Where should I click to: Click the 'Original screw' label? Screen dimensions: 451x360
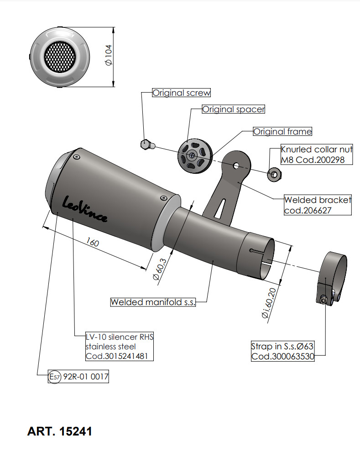[181, 93]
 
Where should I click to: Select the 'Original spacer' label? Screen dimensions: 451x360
[233, 109]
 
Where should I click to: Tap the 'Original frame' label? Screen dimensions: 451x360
[282, 132]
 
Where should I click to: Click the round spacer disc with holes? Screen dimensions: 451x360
[195, 156]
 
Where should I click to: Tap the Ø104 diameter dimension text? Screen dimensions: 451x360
[109, 57]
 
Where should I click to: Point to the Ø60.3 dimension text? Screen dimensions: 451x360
[159, 270]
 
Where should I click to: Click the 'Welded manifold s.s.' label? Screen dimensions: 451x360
[152, 302]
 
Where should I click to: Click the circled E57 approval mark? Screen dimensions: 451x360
[55, 378]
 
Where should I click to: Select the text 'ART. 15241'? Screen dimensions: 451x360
[59, 431]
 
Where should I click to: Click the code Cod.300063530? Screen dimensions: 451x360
[283, 356]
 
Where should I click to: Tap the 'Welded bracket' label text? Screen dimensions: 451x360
[318, 200]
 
